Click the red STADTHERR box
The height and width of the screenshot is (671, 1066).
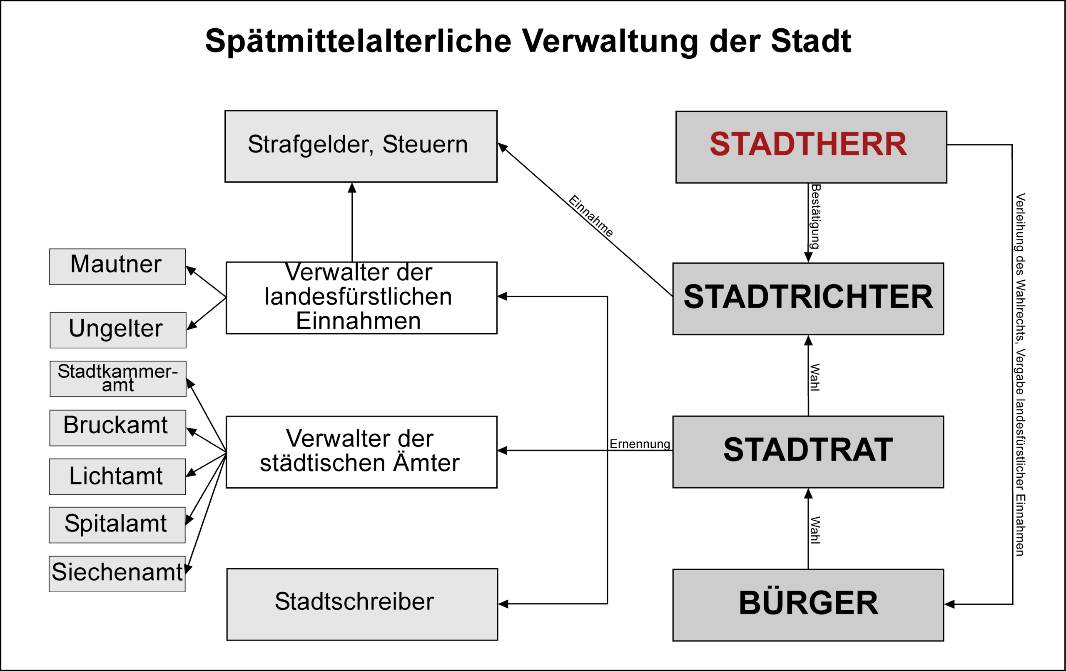tap(811, 147)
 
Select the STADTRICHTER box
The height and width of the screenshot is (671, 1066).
tap(808, 299)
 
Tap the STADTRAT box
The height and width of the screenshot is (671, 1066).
tap(808, 452)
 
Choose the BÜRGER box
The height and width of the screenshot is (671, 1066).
tap(808, 604)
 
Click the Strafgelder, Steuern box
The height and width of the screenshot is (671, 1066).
tap(361, 146)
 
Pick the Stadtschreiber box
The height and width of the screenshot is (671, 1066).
tap(362, 604)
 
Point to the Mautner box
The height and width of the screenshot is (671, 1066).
tap(117, 266)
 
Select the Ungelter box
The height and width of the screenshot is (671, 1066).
tap(118, 330)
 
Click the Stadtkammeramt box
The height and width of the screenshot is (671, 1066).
tap(118, 379)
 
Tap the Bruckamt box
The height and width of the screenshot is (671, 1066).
tap(117, 427)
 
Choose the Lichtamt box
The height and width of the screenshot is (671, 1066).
tap(117, 476)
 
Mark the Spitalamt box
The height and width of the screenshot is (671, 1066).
tap(117, 525)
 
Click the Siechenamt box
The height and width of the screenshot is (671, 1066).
tap(117, 574)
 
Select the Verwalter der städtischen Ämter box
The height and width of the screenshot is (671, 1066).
tap(361, 452)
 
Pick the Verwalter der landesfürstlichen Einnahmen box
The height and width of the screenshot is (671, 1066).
tap(361, 298)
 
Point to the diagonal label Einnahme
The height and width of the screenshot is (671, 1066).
tap(590, 216)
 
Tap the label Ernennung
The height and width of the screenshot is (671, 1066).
tap(640, 444)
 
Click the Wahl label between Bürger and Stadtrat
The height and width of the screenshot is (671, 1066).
tap(815, 530)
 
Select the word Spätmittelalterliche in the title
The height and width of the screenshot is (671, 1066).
tap(358, 41)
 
